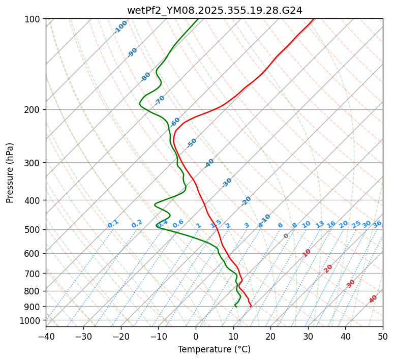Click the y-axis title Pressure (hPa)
[x=10, y=172]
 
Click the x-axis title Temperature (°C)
[x=214, y=349]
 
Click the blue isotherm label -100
[x=120, y=26]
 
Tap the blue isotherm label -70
[x=160, y=100]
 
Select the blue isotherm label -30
[x=227, y=183]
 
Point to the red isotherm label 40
[x=373, y=299]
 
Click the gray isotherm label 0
[x=286, y=236]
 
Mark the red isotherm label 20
[x=328, y=268]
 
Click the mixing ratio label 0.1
[x=113, y=224]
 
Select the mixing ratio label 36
[x=377, y=224]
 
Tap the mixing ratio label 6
[x=280, y=225]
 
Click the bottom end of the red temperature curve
[x=251, y=306]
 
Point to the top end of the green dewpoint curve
[x=198, y=19]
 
